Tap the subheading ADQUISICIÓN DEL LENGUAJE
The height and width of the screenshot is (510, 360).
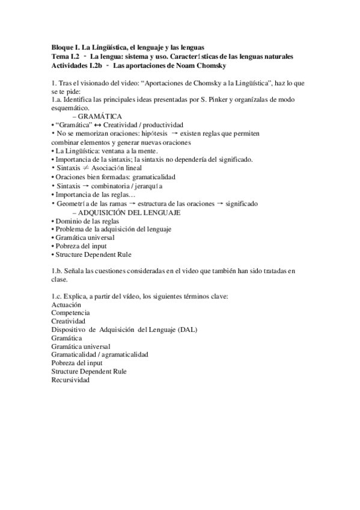point(135,213)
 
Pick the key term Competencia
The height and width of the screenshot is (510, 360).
point(71,313)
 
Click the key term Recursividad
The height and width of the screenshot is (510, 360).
point(71,380)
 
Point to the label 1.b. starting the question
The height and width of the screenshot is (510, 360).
point(58,271)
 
